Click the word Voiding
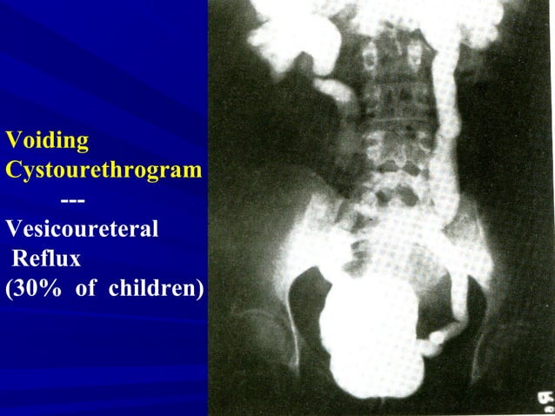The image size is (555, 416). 47,140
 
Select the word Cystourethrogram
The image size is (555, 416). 104,169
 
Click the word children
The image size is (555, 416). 150,288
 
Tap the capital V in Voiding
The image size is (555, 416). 11,140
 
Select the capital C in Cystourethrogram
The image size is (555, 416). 12,169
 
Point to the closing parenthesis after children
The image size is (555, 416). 200,288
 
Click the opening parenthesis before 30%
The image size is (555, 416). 9,288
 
